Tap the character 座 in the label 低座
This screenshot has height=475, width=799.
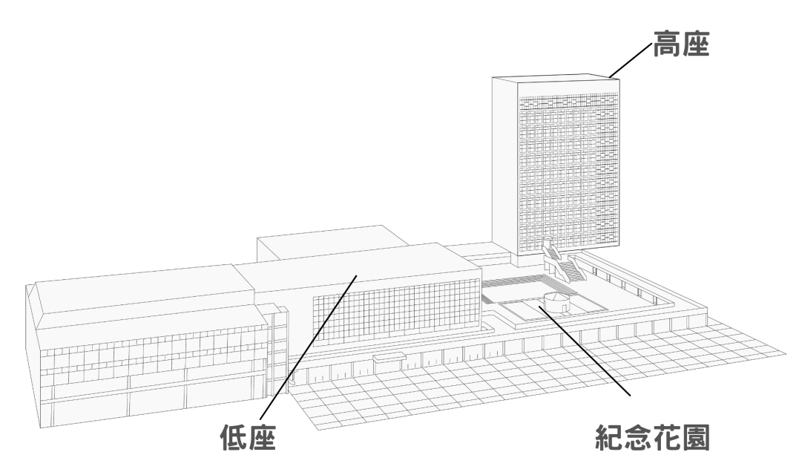click(261, 437)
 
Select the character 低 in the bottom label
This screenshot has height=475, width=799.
click(234, 437)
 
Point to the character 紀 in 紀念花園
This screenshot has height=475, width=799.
click(609, 439)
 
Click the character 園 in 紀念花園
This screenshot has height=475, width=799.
click(696, 439)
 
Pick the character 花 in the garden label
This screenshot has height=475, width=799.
click(667, 439)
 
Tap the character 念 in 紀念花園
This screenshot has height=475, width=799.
click(638, 439)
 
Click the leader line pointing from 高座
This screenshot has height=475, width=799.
click(630, 61)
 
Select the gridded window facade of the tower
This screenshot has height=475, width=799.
click(569, 173)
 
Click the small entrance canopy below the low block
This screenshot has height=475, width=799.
click(389, 358)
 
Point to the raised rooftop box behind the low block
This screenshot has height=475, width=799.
click(331, 243)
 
